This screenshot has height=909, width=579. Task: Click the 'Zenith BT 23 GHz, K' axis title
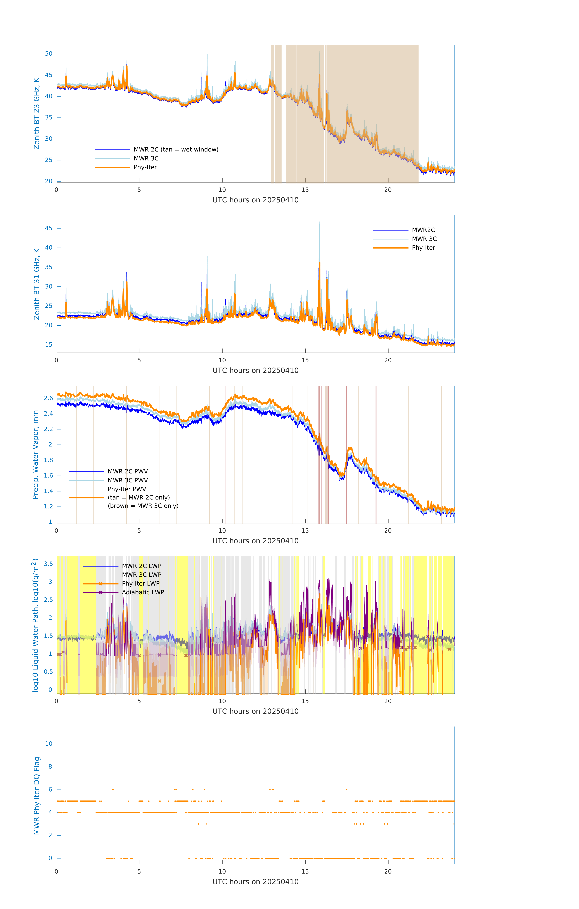tap(37, 114)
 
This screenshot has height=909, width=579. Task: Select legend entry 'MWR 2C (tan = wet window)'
tap(176, 150)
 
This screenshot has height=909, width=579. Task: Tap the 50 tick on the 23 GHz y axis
tap(49, 54)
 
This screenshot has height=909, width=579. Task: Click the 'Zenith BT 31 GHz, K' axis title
tap(37, 284)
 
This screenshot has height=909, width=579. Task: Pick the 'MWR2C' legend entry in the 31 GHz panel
tap(423, 230)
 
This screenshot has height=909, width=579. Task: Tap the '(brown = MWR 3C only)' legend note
tap(143, 506)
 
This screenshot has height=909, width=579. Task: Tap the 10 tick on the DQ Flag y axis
tap(49, 744)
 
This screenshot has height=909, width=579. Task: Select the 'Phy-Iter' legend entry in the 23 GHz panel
tap(145, 167)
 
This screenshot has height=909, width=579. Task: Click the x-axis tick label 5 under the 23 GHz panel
tap(139, 190)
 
